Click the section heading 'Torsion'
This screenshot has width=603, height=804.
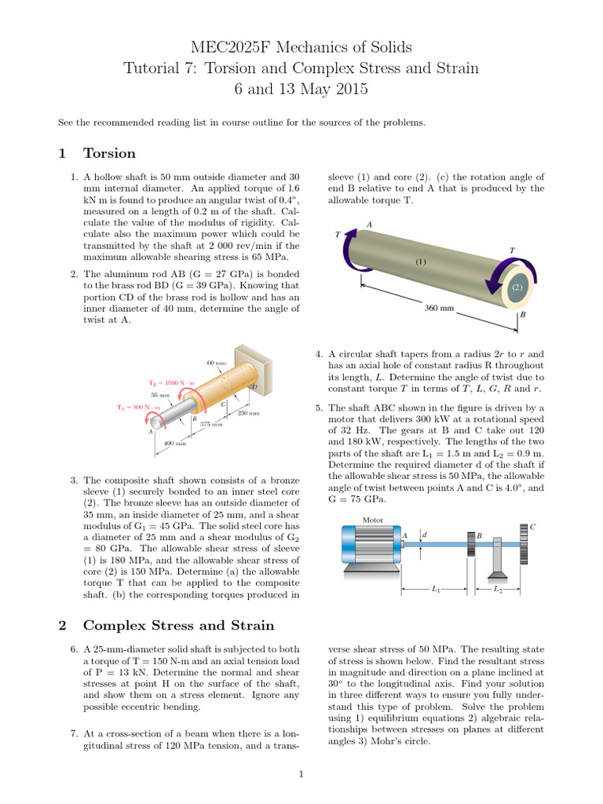click(x=109, y=153)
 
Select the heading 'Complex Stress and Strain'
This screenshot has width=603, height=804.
click(x=178, y=625)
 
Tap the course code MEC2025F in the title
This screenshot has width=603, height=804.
click(x=225, y=48)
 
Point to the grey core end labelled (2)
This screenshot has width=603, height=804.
click(x=517, y=287)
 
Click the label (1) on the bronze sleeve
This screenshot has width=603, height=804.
click(x=421, y=262)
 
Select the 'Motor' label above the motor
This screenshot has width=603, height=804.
click(x=372, y=520)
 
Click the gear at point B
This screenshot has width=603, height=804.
click(x=471, y=544)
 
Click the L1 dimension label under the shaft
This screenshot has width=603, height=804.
click(x=437, y=589)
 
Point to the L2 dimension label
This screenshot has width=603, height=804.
click(x=497, y=589)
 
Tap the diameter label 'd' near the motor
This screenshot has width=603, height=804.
click(x=425, y=535)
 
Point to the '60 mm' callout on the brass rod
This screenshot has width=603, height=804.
click(x=216, y=363)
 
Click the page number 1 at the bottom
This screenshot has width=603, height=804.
click(x=301, y=775)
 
